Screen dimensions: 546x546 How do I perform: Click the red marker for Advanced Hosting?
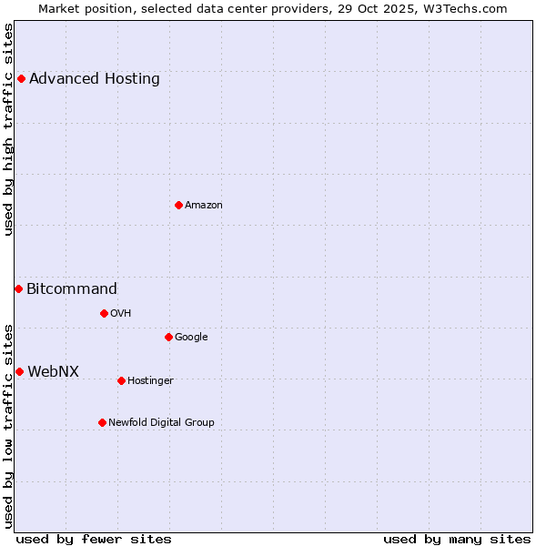point(21,78)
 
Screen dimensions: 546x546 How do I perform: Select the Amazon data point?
point(178,205)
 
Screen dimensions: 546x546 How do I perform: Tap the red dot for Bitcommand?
point(18,288)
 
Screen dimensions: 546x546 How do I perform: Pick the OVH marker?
point(104,313)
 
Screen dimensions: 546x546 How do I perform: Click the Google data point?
point(168,337)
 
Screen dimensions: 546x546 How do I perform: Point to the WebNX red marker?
point(19,371)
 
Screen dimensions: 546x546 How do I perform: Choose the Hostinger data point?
point(121,380)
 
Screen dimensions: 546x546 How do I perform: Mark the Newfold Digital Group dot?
point(102,422)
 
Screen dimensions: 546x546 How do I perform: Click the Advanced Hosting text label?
point(95,78)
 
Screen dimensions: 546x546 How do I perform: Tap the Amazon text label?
point(204,206)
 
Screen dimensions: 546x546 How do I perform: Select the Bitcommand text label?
point(72,289)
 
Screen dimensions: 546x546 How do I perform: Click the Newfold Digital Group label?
point(162,422)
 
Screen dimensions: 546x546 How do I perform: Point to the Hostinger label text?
point(150,380)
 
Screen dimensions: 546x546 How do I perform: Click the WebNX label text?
point(54,371)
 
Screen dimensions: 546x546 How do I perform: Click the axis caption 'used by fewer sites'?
point(94,539)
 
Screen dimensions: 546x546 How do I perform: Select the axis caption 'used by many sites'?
point(457,539)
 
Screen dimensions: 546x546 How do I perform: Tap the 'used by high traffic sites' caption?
point(9,129)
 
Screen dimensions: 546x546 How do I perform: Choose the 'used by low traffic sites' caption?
point(9,425)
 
